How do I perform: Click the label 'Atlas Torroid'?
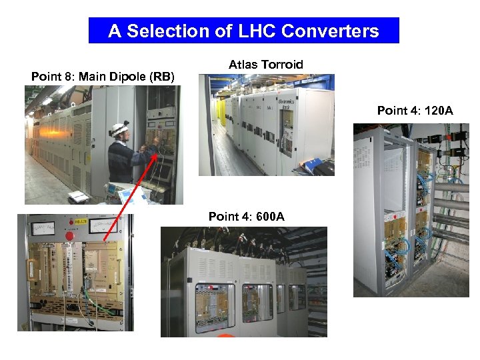coord(265,65)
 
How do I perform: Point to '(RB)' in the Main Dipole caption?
coord(162,77)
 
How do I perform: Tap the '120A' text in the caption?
coord(437,110)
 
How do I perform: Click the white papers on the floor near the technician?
coord(77,196)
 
